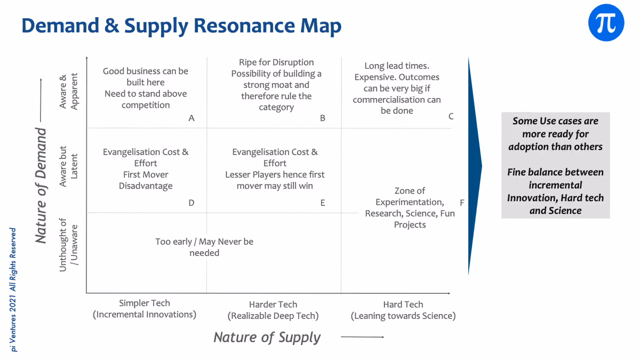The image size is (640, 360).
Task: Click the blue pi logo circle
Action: pyautogui.click(x=606, y=22)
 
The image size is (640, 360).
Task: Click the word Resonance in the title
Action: pyautogui.click(x=244, y=26)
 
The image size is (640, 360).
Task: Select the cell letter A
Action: pyautogui.click(x=191, y=118)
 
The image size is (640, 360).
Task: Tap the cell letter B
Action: pyautogui.click(x=323, y=118)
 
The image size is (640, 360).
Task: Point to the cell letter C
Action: pyautogui.click(x=451, y=116)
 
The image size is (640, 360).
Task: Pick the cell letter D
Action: pyautogui.click(x=191, y=203)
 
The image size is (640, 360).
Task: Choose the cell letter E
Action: pyautogui.click(x=323, y=203)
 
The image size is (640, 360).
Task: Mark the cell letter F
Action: pyautogui.click(x=462, y=203)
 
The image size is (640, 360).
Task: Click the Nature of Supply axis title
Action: pyautogui.click(x=267, y=338)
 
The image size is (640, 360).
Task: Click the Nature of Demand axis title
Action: pyautogui.click(x=41, y=185)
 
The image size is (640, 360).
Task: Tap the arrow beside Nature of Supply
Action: pyautogui.click(x=362, y=337)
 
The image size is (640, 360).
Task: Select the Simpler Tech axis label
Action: pyautogui.click(x=145, y=309)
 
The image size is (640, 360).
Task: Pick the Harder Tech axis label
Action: pyautogui.click(x=273, y=310)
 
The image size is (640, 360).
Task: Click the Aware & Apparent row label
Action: pyautogui.click(x=68, y=91)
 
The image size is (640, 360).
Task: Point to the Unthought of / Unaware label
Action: pyautogui.click(x=68, y=245)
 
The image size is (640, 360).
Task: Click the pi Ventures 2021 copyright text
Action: pyautogui.click(x=13, y=290)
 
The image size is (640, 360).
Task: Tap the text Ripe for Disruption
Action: pyautogui.click(x=276, y=62)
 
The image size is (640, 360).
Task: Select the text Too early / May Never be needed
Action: pyautogui.click(x=204, y=247)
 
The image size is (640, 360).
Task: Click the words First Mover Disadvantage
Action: pyautogui.click(x=146, y=180)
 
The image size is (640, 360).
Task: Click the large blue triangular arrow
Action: pyautogui.click(x=474, y=166)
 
